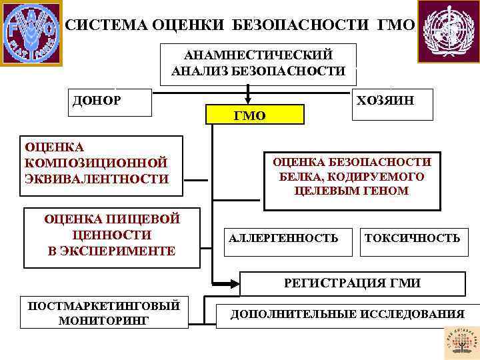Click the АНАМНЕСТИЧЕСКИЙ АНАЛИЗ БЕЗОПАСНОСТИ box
258,63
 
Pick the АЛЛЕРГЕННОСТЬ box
284,238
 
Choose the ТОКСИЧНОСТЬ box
412,238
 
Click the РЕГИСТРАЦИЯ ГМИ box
351,283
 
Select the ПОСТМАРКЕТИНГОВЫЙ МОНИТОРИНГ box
103,313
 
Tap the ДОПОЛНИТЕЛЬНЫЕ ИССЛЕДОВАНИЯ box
347,315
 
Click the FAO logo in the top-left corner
31,32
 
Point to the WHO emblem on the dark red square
447,30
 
